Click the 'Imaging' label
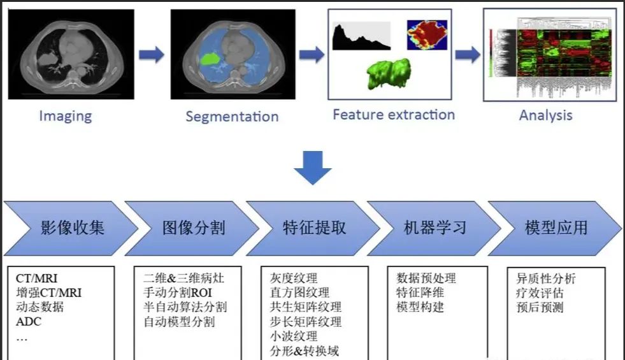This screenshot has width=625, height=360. [66, 116]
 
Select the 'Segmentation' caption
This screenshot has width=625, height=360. [232, 117]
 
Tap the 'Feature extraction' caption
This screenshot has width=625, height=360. [394, 115]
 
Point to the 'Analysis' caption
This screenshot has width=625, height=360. [545, 115]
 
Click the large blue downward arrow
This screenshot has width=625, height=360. [312, 168]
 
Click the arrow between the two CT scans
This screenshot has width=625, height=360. [152, 55]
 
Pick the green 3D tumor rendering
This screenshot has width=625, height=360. [389, 74]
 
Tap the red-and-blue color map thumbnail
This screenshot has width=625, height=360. [427, 35]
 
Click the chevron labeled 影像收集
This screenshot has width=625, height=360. [71, 228]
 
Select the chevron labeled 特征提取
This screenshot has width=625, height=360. [313, 228]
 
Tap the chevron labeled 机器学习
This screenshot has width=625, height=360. [434, 228]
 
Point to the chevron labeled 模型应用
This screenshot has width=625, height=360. [555, 228]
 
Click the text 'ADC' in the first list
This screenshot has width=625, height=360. [28, 322]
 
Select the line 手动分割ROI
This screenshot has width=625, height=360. [177, 292]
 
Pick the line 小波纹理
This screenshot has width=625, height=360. [294, 336]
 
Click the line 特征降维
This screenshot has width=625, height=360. [420, 292]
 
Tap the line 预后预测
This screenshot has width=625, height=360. [540, 307]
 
